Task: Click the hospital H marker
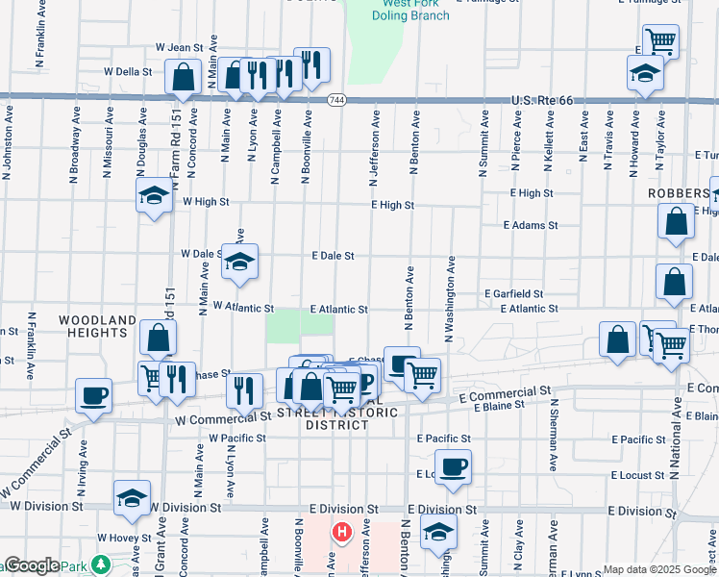point(341,532)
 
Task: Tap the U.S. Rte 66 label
point(541,100)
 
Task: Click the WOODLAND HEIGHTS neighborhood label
point(97,326)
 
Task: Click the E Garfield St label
point(513,293)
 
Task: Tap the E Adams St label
point(531,225)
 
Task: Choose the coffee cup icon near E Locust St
point(453,467)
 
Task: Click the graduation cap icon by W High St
point(154,196)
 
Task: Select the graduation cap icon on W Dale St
point(239,261)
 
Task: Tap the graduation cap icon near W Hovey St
point(132,498)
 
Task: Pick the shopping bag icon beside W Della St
point(183,76)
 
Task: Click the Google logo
point(31,565)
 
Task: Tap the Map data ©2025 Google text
point(658,569)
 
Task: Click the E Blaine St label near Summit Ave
point(500,406)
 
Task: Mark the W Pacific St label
point(236,439)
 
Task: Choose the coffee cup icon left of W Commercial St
point(94,395)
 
